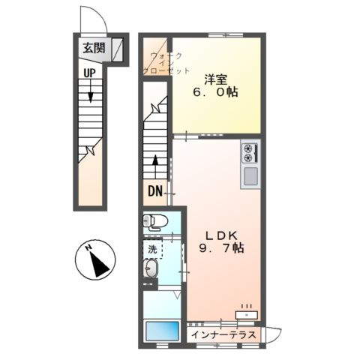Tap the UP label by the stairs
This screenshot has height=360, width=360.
[x=89, y=73]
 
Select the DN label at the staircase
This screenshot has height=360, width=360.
[x=155, y=191]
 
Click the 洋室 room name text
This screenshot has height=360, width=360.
[x=215, y=80]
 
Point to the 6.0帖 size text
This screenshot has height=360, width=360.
[x=215, y=92]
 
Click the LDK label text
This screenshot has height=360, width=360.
[x=221, y=235]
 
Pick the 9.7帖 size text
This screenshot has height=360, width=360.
[x=221, y=248]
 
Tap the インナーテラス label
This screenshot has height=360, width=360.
[x=223, y=334]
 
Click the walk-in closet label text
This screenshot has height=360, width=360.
[x=166, y=64]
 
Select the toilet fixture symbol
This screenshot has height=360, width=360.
[x=155, y=222]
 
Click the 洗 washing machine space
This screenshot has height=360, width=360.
[x=152, y=249]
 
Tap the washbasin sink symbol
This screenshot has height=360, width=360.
[x=151, y=268]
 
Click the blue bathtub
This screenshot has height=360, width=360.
[x=163, y=331]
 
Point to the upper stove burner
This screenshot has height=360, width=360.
[x=247, y=148]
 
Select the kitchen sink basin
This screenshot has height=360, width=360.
[x=250, y=176]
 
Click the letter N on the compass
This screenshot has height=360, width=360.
[x=88, y=247]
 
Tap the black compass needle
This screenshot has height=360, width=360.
[x=99, y=264]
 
